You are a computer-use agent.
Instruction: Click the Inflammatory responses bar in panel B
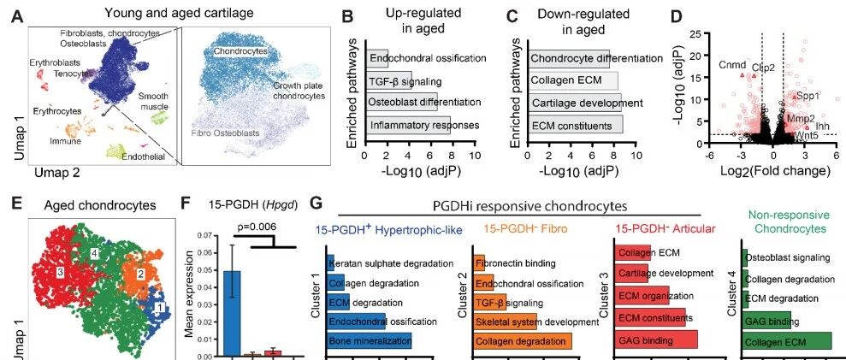(x=408, y=125)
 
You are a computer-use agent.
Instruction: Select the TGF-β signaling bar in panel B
(x=389, y=81)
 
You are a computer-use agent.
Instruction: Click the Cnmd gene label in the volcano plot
(x=732, y=65)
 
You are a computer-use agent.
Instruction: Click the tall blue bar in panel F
(x=232, y=313)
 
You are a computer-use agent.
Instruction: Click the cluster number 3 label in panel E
(x=60, y=273)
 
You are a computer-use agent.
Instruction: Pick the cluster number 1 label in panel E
(x=158, y=308)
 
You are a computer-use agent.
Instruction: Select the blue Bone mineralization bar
(x=369, y=340)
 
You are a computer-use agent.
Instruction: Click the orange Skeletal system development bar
(x=505, y=322)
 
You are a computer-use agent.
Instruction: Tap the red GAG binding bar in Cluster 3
(x=656, y=340)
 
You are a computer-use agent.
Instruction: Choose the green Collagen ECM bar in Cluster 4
(x=787, y=342)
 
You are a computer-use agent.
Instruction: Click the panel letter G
(x=318, y=205)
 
